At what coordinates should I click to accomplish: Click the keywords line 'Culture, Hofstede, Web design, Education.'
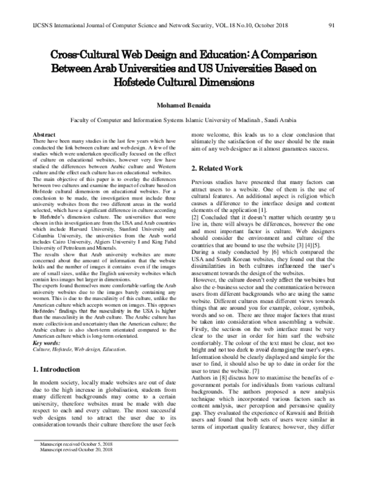[73, 349]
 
